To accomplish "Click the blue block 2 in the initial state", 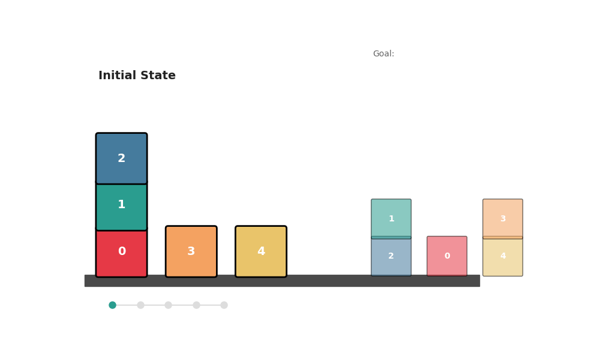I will click(121, 158).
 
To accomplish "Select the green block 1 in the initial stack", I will click(121, 205).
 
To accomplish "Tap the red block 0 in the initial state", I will click(121, 252).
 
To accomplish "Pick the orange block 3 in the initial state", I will click(191, 251).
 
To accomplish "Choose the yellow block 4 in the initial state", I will click(261, 251).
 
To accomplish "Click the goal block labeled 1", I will click(391, 218).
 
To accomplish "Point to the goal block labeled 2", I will click(391, 256).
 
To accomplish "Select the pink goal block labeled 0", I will click(447, 256).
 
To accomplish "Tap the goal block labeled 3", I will click(503, 218).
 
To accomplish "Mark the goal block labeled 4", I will click(503, 256).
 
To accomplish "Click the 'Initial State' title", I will click(137, 76).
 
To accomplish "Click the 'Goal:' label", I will click(383, 54).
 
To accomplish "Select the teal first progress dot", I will click(112, 305).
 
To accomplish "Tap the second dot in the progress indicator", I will click(140, 305).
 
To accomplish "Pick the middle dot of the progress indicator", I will click(168, 305).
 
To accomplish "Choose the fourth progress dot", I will click(196, 305).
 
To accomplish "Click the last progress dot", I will click(224, 305).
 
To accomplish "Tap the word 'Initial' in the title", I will click(118, 76).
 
